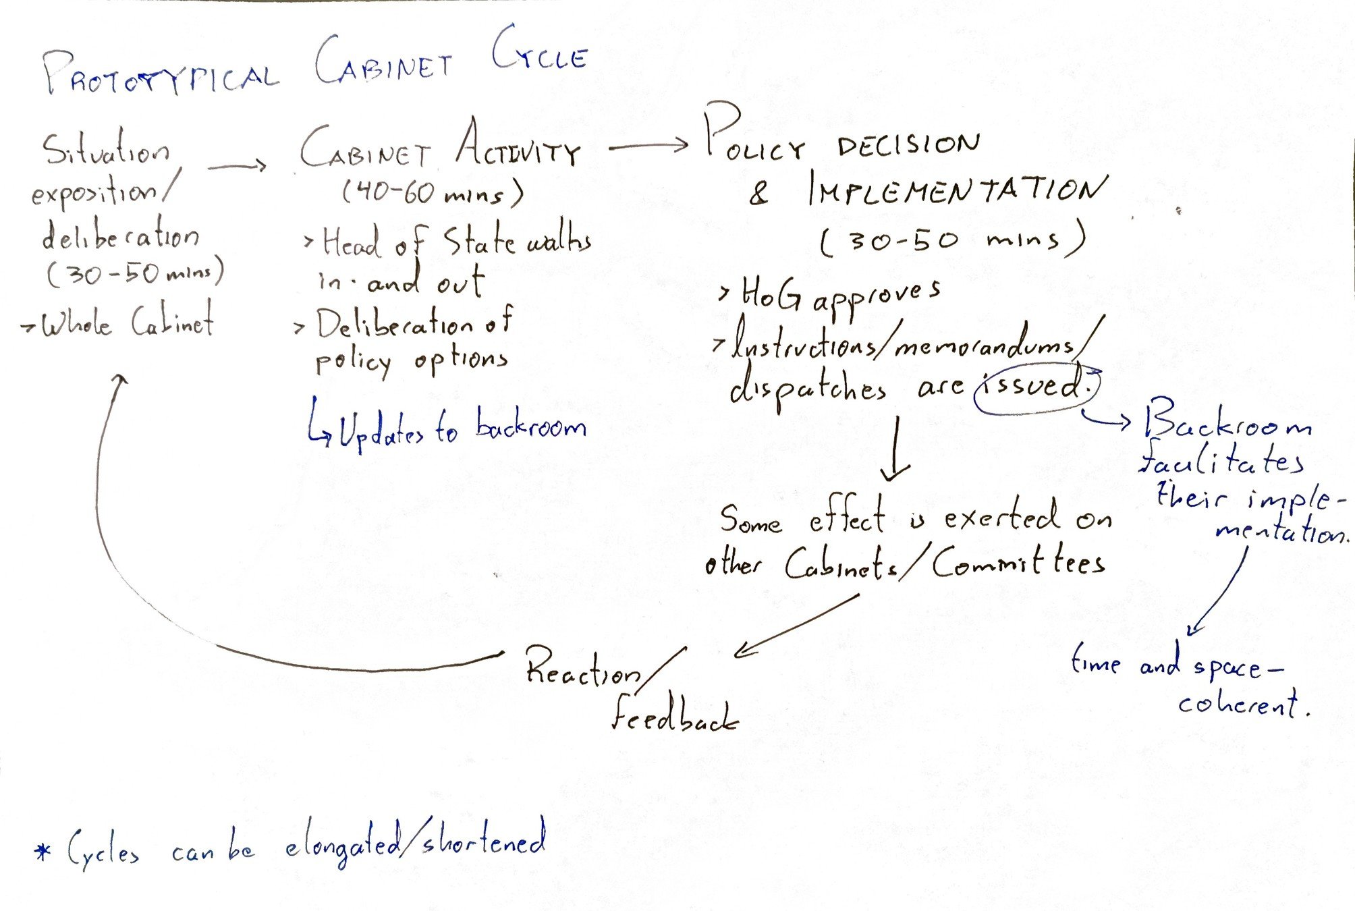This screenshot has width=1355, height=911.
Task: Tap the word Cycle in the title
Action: coord(539,51)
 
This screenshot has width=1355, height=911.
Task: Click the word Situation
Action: coord(106,150)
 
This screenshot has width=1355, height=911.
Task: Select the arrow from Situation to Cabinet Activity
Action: coord(237,165)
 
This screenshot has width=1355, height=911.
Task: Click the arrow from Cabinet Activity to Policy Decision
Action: coord(648,145)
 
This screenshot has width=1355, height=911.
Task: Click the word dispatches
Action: coord(807,390)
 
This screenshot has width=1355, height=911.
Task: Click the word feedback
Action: coord(674,715)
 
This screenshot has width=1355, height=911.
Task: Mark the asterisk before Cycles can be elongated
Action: coord(43,852)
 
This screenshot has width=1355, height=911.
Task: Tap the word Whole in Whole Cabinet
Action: coord(76,325)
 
